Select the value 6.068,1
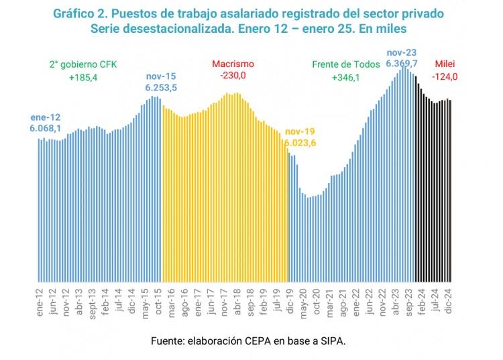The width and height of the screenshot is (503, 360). (45, 127)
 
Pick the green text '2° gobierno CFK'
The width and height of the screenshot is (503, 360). (82, 64)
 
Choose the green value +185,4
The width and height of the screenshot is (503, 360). (82, 78)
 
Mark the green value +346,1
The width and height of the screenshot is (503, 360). (345, 78)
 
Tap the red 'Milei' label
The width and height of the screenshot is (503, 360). (445, 64)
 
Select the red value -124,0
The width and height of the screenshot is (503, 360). (445, 76)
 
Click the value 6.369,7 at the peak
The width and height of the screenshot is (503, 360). (402, 62)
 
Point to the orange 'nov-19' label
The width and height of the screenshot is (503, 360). (299, 131)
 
